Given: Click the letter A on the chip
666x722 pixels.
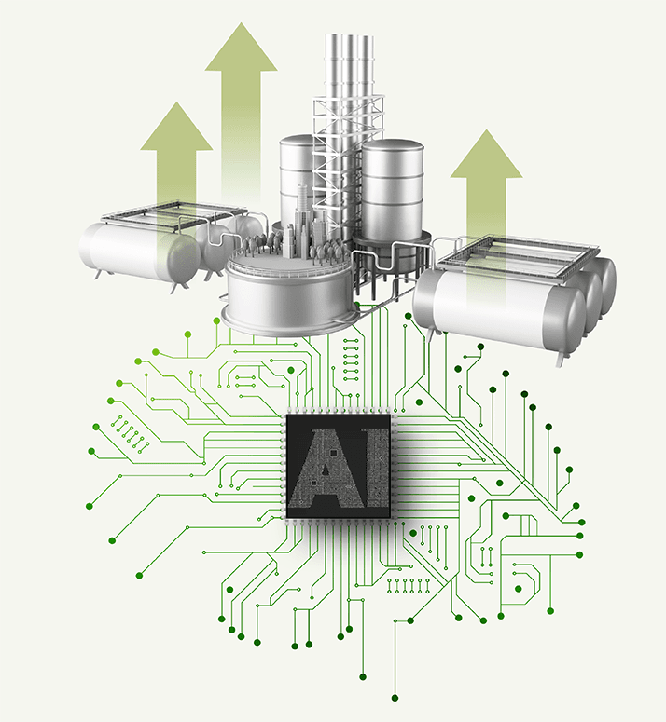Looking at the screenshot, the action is (329, 470).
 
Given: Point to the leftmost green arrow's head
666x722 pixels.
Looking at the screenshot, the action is (176, 127).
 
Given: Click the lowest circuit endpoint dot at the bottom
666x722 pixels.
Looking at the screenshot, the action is (395, 698).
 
